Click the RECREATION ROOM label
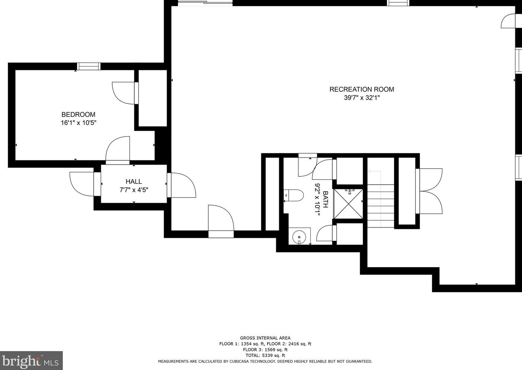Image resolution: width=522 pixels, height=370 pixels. point(361,89)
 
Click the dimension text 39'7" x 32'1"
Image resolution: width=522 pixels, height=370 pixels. point(361,98)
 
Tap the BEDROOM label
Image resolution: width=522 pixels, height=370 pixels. point(79,115)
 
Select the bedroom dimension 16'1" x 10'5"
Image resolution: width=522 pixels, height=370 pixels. point(79,123)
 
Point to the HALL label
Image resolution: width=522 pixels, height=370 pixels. point(134,182)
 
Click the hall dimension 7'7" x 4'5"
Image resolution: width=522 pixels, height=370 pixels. point(134,190)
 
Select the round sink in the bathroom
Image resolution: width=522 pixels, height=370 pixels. point(299,236)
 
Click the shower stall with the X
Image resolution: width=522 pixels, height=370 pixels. point(348,204)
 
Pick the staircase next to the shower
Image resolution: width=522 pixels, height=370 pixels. point(381,205)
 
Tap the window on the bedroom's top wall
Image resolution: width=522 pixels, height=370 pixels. point(89,66)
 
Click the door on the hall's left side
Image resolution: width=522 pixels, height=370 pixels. point(84,184)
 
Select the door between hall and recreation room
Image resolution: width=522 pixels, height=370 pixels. point(182,185)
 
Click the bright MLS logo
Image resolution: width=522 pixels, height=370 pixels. point(31,361)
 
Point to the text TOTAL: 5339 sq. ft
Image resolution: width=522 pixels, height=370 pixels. point(265,355)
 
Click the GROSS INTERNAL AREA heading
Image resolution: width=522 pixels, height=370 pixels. point(265,338)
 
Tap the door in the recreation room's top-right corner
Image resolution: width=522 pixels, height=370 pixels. point(509,21)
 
